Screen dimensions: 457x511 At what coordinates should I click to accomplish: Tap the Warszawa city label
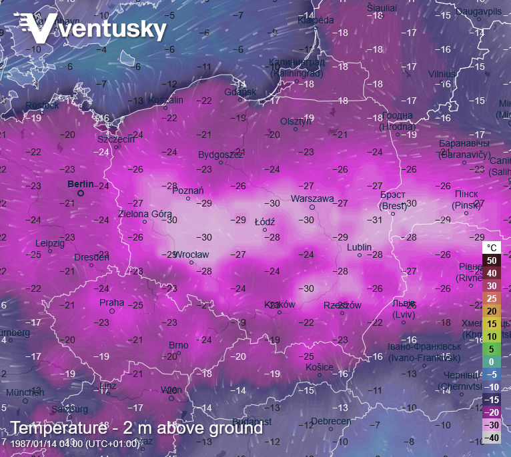[x=312, y=199]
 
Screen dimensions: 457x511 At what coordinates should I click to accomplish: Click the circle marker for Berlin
[x=81, y=193]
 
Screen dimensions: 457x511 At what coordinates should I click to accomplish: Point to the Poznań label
[x=187, y=191]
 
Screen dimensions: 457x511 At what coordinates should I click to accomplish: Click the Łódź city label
[x=265, y=222]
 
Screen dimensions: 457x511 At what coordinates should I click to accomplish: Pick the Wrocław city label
[x=191, y=254]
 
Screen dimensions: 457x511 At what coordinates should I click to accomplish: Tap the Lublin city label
[x=359, y=247]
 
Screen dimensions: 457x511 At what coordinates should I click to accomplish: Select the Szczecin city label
[x=116, y=139]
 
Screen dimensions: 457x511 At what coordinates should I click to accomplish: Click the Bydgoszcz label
[x=220, y=155]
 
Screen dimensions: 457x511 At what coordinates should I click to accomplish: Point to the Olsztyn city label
[x=296, y=121]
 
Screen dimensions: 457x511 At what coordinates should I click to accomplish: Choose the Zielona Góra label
[x=145, y=214]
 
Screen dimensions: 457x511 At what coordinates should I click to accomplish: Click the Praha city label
[x=111, y=302]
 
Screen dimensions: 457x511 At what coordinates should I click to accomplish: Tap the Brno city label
[x=178, y=345]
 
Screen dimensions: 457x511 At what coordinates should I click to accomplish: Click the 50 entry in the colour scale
[x=491, y=260]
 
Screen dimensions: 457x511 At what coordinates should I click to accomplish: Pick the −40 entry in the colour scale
[x=491, y=438]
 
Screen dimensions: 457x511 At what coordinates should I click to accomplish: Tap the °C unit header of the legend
[x=491, y=247]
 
